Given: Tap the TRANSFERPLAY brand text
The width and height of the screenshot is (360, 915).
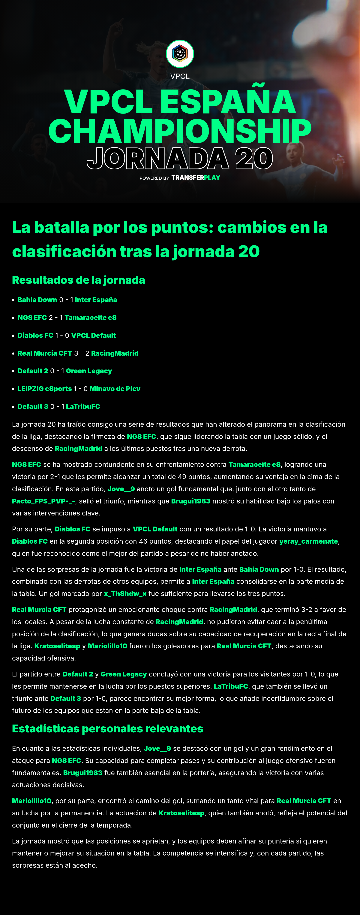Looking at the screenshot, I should pos(196,178).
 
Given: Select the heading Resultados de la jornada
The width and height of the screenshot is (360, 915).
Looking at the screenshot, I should pos(78,280).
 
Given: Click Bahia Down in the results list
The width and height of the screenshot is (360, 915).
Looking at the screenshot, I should pos(37,300).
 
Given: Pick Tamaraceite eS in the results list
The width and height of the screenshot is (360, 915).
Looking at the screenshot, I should pos(91,318).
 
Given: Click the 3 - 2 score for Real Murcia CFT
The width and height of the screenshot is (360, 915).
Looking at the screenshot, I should pos(82,353).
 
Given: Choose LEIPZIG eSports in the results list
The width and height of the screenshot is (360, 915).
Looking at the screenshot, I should pos(45,389).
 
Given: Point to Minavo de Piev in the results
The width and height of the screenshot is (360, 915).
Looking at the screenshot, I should pos(115,389).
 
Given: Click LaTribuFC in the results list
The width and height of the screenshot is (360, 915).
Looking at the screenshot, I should pos(83,406).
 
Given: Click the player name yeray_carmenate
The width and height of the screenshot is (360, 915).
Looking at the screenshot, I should pos(308,541).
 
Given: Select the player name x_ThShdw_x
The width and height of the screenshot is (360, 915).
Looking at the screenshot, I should pos(125,594).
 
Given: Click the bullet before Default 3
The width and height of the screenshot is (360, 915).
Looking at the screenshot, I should pos(13,407).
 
